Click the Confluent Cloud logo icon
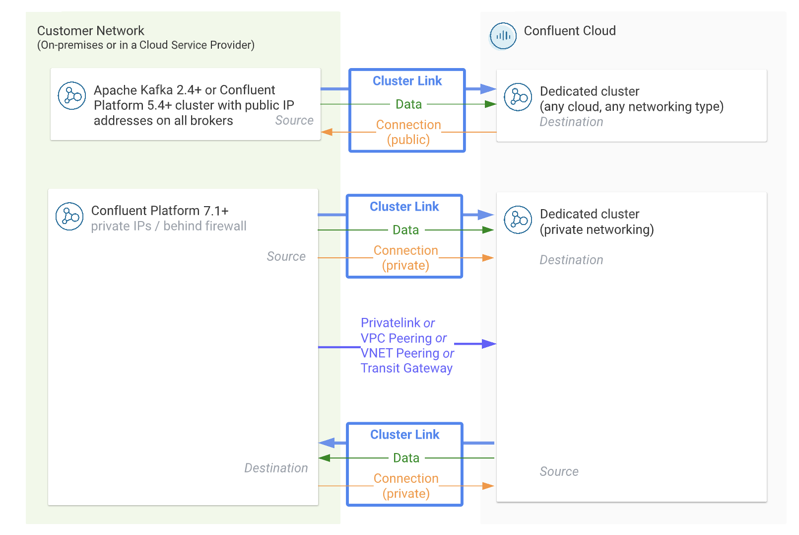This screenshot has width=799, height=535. (503, 36)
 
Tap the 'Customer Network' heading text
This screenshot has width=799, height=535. (90, 31)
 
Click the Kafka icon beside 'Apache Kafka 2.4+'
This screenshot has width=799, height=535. (72, 95)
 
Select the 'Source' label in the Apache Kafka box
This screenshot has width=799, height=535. (294, 121)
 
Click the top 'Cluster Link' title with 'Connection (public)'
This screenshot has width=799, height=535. (407, 81)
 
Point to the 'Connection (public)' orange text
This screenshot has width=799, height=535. (408, 132)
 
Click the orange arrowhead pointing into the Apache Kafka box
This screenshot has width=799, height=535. (326, 132)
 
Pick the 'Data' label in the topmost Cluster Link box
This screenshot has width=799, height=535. (408, 104)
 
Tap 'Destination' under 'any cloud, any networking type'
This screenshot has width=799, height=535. (571, 122)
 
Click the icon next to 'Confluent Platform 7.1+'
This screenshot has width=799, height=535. (69, 216)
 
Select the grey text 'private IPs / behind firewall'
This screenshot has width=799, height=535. (169, 227)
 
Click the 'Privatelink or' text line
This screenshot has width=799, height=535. (398, 323)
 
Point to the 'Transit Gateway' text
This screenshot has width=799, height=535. (406, 368)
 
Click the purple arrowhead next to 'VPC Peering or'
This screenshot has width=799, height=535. (489, 344)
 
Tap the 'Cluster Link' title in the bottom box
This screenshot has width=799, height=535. (404, 435)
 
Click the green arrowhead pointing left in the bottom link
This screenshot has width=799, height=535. (325, 458)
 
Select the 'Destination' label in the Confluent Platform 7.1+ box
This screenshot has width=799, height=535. (276, 468)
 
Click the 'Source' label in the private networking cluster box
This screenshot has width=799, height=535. (559, 472)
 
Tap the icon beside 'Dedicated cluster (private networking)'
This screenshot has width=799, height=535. (518, 220)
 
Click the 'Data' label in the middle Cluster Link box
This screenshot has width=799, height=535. (405, 230)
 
